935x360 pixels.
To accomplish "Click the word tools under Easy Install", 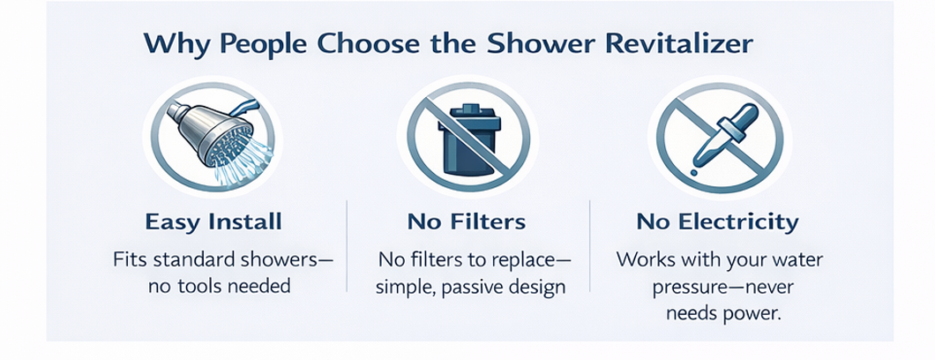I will coord(213,287).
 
